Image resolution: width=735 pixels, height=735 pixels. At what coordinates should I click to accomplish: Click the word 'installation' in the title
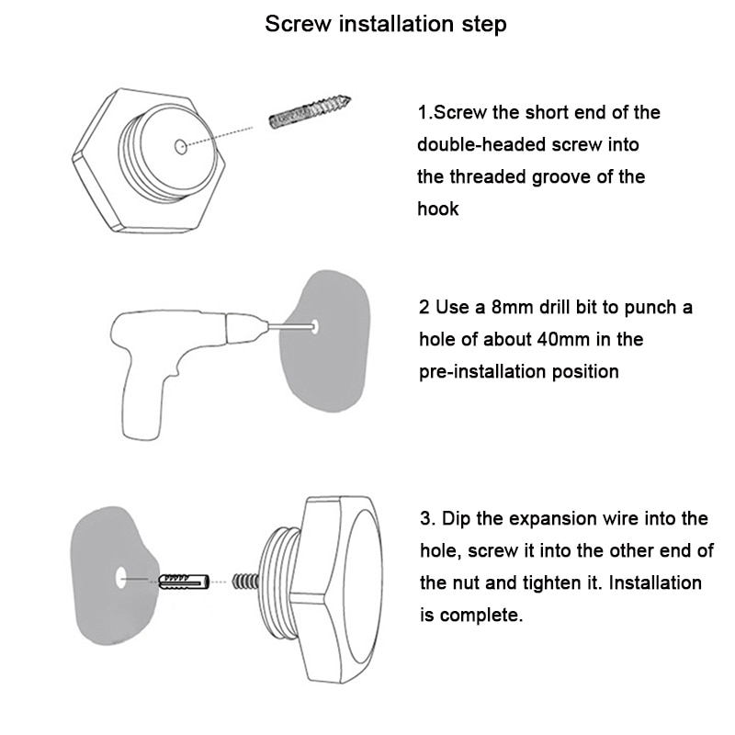[x=397, y=24]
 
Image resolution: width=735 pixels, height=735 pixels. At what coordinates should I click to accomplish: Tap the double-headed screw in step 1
[x=310, y=113]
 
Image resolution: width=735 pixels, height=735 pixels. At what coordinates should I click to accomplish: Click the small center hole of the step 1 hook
[x=180, y=147]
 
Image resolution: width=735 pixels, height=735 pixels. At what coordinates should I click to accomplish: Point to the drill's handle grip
[x=143, y=403]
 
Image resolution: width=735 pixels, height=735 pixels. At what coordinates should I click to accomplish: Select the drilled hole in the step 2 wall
[x=315, y=326]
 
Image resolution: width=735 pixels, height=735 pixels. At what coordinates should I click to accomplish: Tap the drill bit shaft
[x=290, y=326]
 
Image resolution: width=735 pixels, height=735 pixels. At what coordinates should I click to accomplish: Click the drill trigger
[x=175, y=368]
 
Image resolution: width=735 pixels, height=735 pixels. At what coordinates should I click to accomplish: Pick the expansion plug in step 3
[x=183, y=582]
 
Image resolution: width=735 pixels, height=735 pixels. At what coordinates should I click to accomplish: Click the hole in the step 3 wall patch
[x=121, y=578]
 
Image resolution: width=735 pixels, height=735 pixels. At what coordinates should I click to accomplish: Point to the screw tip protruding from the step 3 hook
[x=245, y=582]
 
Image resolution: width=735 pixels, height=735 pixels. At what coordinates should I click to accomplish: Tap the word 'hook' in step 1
[x=438, y=209]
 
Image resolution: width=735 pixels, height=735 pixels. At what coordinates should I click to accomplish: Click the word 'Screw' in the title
[x=298, y=24]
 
